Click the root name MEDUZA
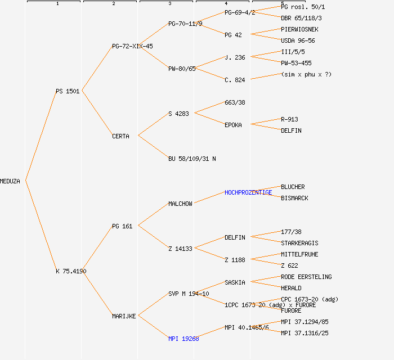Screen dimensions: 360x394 [x=10, y=181]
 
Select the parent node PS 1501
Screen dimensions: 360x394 [x=68, y=91]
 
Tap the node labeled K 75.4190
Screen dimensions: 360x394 [x=71, y=271]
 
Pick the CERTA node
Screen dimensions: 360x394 [x=120, y=136]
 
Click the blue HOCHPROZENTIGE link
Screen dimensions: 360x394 [x=248, y=192]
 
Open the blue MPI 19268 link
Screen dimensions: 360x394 [x=183, y=339]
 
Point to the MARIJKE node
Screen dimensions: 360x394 [x=124, y=316]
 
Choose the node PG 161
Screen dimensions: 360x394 [x=122, y=226]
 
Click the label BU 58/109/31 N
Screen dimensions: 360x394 [x=192, y=159]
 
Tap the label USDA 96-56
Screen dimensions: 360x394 [x=298, y=40]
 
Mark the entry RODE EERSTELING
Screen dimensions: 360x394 [x=306, y=277]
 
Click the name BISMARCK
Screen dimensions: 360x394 [x=294, y=198]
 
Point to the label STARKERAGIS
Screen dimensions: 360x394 [x=299, y=243]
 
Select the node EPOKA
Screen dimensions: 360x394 [x=233, y=125]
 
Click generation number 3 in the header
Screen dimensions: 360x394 [x=169, y=4]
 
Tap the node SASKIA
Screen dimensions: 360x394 [x=235, y=282]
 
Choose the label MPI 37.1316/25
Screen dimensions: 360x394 [x=305, y=333]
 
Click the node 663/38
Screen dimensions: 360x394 [x=235, y=102]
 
